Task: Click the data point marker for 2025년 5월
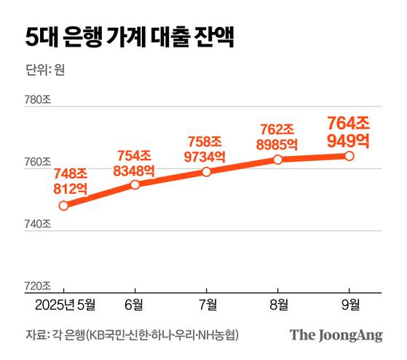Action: click(64, 206)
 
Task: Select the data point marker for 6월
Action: click(135, 185)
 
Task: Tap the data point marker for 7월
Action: click(207, 172)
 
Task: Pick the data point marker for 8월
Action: click(277, 159)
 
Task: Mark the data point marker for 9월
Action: click(349, 156)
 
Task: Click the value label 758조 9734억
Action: click(206, 149)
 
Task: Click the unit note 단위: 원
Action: click(45, 71)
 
